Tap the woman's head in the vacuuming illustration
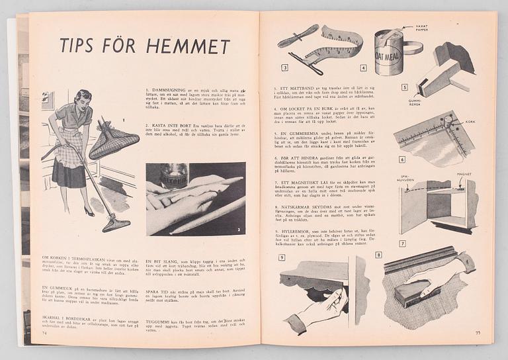(83, 99)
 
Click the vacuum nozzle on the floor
(116, 224)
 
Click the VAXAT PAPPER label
(421, 28)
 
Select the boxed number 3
(284, 67)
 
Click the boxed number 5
(404, 87)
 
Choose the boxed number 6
(402, 159)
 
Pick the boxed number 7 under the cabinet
(402, 243)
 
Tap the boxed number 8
(378, 254)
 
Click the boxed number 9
(282, 257)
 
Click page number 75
(478, 332)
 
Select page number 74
(45, 333)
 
